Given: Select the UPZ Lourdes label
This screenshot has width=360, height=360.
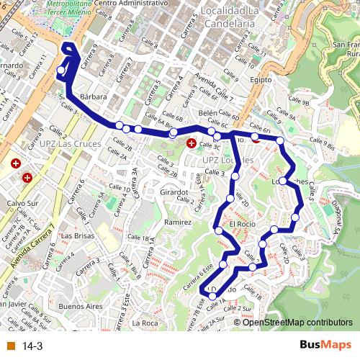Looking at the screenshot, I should pos(228,160).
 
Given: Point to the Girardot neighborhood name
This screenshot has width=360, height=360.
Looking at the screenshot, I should pos(175,193).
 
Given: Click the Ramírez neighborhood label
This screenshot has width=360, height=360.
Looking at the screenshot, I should pos(178,223).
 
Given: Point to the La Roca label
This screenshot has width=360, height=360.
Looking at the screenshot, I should pos(145,323).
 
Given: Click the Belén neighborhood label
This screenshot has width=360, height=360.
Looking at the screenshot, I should pos(207,114).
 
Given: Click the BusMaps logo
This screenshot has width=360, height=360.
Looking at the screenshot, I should pos(326,346).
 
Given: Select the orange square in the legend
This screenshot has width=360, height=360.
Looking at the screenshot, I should pos(11,346).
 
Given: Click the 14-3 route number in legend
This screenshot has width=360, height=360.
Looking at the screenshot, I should pos(32,346).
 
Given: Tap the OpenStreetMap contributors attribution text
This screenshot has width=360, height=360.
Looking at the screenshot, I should pos(297,322).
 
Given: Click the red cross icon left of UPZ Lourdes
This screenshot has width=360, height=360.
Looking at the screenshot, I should pos(191,143).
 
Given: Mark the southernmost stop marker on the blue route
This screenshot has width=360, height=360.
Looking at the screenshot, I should pos(212,296).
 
